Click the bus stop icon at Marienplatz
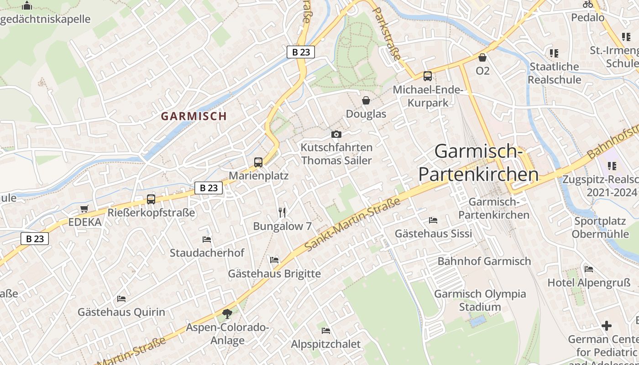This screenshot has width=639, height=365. tap(258, 162)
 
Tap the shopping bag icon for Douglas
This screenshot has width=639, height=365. tap(366, 100)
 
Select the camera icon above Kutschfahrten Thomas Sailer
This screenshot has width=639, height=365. tap(336, 134)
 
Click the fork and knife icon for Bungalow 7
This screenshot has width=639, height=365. tap(282, 213)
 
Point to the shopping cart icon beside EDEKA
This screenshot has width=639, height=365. tap(84, 209)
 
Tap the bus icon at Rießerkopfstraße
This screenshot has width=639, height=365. tap(151, 199)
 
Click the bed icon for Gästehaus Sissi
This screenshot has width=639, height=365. tap(433, 220)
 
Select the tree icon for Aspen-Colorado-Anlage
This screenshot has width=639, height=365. tap(227, 314)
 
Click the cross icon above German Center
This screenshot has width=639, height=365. tap(606, 326)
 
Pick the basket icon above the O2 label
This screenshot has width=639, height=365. tap(482, 57)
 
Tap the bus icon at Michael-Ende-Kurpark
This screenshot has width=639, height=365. tap(428, 76)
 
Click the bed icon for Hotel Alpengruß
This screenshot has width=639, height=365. tap(589, 269)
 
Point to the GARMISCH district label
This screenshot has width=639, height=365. tap(194, 116)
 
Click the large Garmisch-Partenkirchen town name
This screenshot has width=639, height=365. tap(478, 163)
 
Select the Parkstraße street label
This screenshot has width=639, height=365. tap(387, 35)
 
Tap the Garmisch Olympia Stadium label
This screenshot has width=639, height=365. tap(480, 300)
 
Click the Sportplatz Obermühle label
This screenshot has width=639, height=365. tap(600, 228)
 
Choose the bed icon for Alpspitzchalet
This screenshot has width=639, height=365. tap(326, 331)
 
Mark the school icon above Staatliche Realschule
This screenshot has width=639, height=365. tap(554, 53)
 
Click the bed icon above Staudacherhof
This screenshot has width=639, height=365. tap(207, 240)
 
